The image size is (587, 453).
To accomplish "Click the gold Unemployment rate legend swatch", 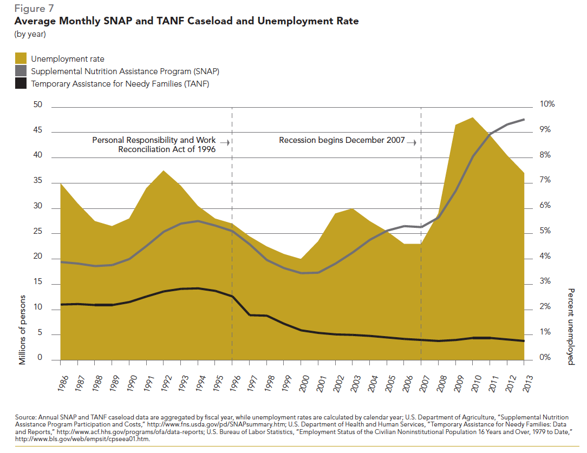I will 21,58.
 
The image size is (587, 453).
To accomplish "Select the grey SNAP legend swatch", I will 21,71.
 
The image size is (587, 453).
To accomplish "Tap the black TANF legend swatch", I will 21,83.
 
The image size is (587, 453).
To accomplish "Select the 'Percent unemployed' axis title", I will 571,326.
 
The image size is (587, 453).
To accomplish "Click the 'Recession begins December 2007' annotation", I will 342,140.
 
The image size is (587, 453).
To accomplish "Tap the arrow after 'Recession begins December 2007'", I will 412,142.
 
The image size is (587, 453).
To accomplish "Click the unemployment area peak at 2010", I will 473,118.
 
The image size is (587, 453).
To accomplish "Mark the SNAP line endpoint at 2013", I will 524,120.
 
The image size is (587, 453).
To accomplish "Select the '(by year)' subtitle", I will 30,35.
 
